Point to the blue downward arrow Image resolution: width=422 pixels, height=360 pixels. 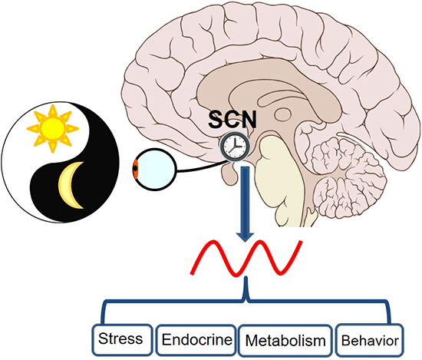[x=244, y=192]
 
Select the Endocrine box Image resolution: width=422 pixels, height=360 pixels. [x=196, y=339]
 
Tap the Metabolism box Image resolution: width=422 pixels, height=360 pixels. [x=285, y=339]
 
